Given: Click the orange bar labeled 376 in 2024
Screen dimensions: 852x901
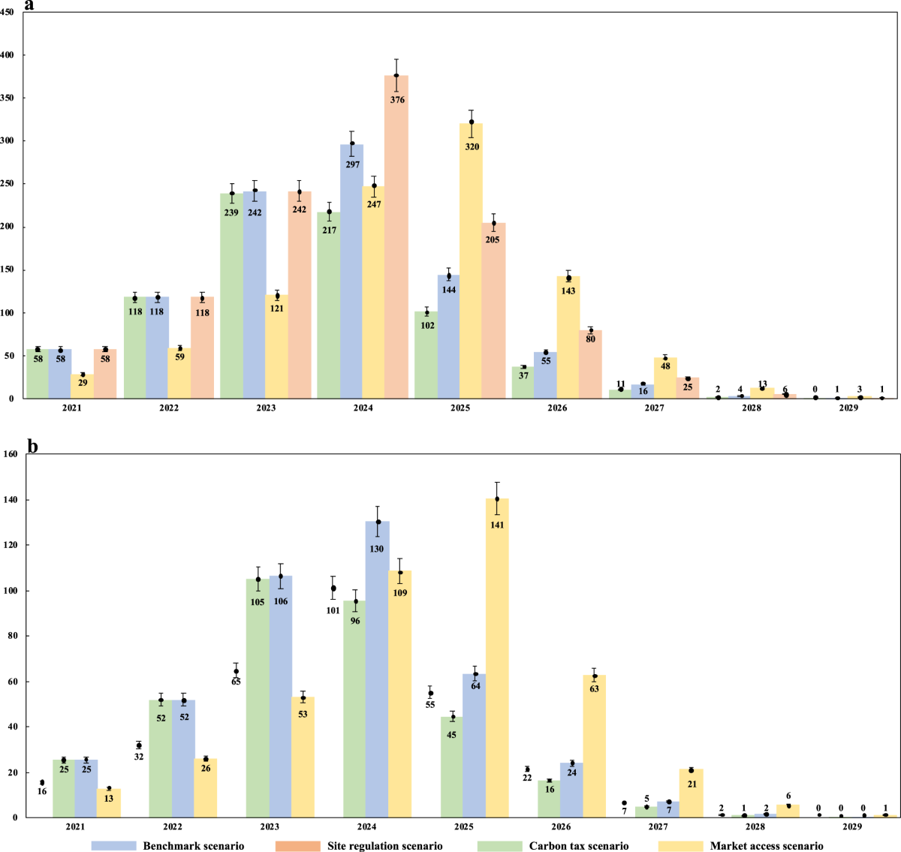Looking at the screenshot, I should [x=396, y=236].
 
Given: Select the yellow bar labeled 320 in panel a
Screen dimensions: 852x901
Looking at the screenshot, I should [x=472, y=260].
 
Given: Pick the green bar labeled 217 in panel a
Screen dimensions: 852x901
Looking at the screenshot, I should [x=329, y=305].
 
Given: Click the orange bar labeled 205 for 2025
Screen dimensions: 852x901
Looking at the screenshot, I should [x=493, y=310].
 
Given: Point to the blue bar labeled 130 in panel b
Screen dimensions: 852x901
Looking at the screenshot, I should [x=377, y=669].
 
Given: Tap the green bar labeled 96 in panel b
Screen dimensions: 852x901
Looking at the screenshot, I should [x=354, y=709].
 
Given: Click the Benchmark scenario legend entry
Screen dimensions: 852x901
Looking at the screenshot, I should [x=169, y=846].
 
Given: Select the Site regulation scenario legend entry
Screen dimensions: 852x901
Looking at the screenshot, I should [x=360, y=846].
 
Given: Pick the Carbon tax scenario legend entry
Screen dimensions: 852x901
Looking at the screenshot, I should [x=553, y=846].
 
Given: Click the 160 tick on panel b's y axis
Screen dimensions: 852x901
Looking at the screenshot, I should [x=11, y=454].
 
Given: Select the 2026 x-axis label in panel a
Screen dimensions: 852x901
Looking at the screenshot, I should [x=557, y=408].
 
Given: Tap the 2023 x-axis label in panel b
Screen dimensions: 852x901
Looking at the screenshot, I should [x=270, y=826].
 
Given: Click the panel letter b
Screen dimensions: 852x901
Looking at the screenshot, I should [x=32, y=446].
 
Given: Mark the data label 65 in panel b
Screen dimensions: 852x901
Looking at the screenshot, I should [x=236, y=682].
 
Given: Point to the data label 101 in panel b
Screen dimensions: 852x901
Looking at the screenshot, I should [x=333, y=610].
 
